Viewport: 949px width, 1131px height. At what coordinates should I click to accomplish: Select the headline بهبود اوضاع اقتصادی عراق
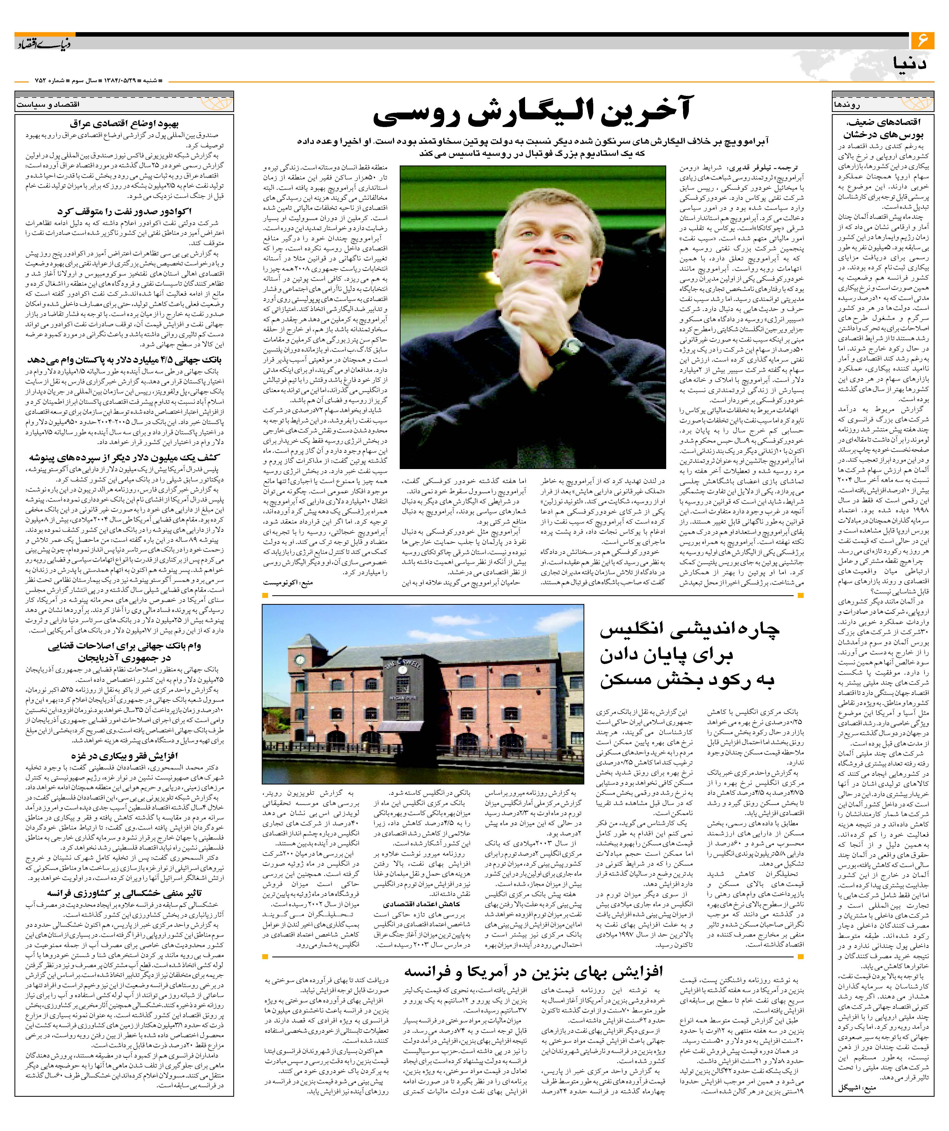pyautogui.click(x=124, y=124)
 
